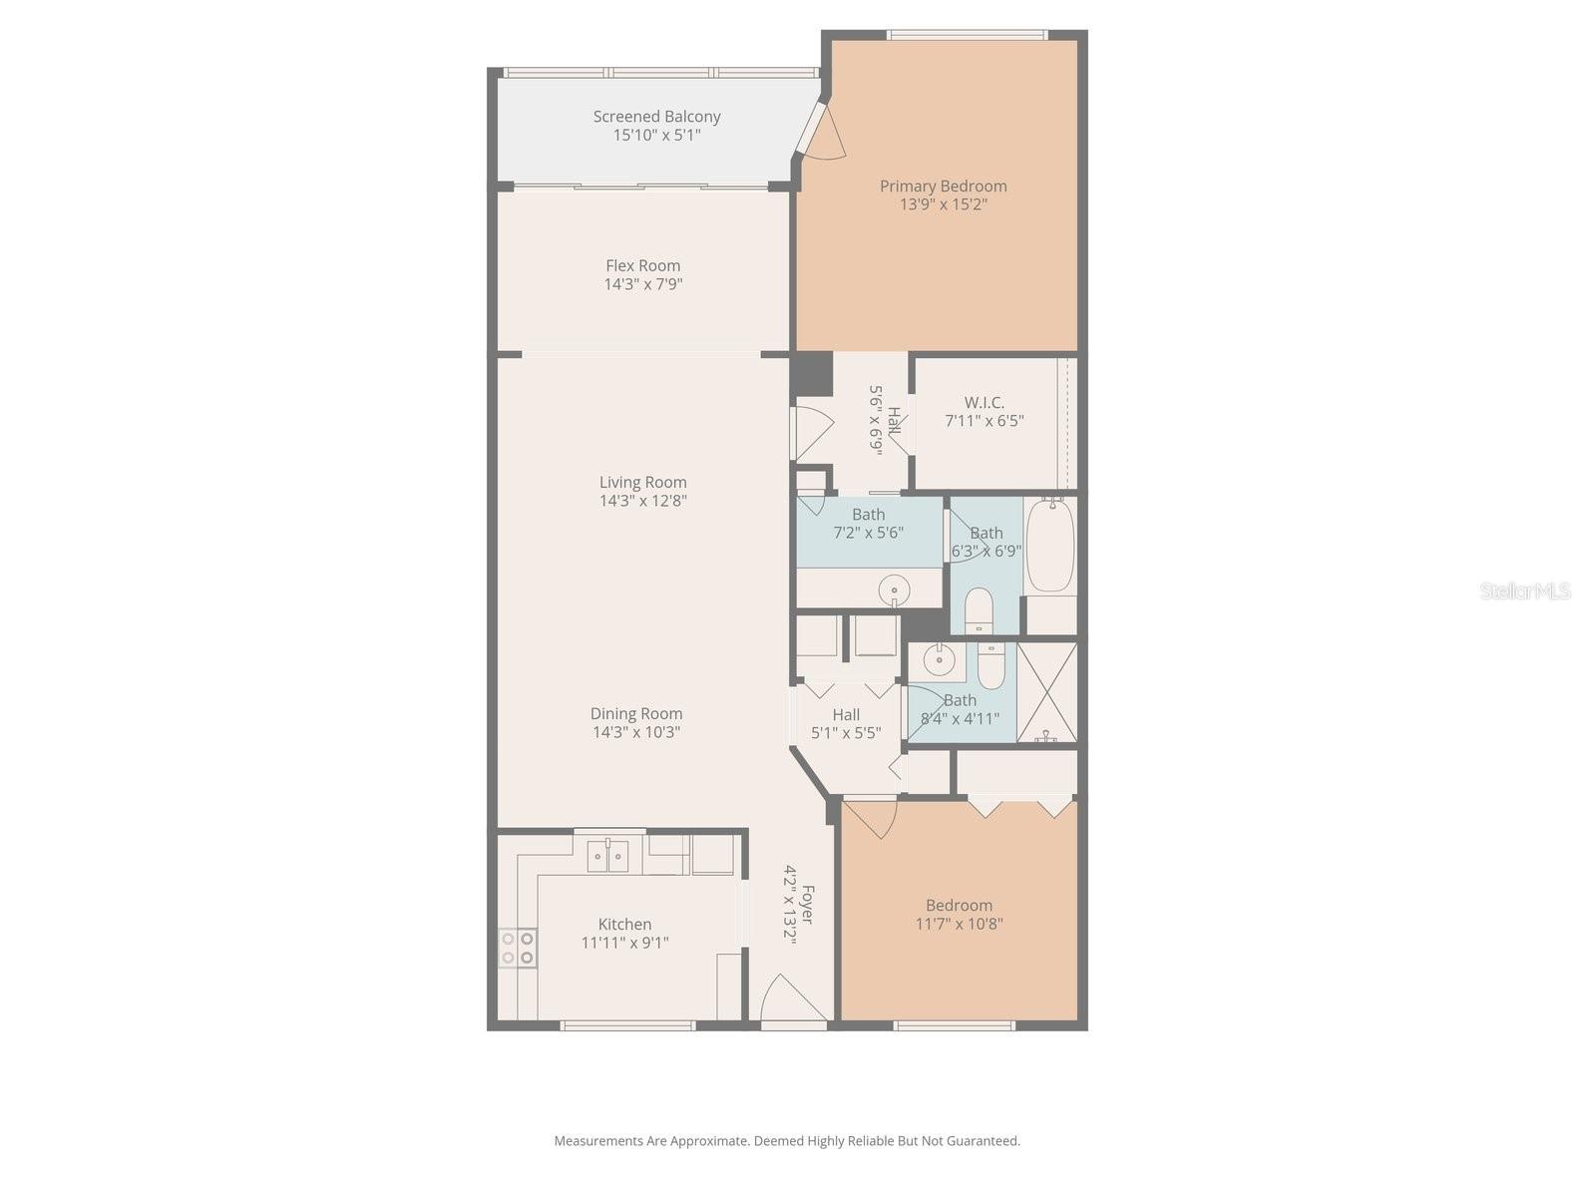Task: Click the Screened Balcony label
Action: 656,117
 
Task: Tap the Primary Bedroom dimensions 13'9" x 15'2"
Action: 943,204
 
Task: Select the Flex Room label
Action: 642,265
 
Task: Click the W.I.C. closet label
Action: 984,403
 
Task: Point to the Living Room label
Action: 642,483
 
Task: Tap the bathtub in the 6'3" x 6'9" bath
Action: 1049,546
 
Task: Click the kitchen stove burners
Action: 518,948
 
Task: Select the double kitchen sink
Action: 607,856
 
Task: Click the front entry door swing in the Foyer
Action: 791,998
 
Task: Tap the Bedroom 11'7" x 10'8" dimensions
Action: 959,924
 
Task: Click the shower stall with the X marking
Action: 1046,691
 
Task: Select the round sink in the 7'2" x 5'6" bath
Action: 894,590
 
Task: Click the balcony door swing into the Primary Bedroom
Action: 822,134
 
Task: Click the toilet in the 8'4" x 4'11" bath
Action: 990,666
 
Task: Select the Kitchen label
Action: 624,925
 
